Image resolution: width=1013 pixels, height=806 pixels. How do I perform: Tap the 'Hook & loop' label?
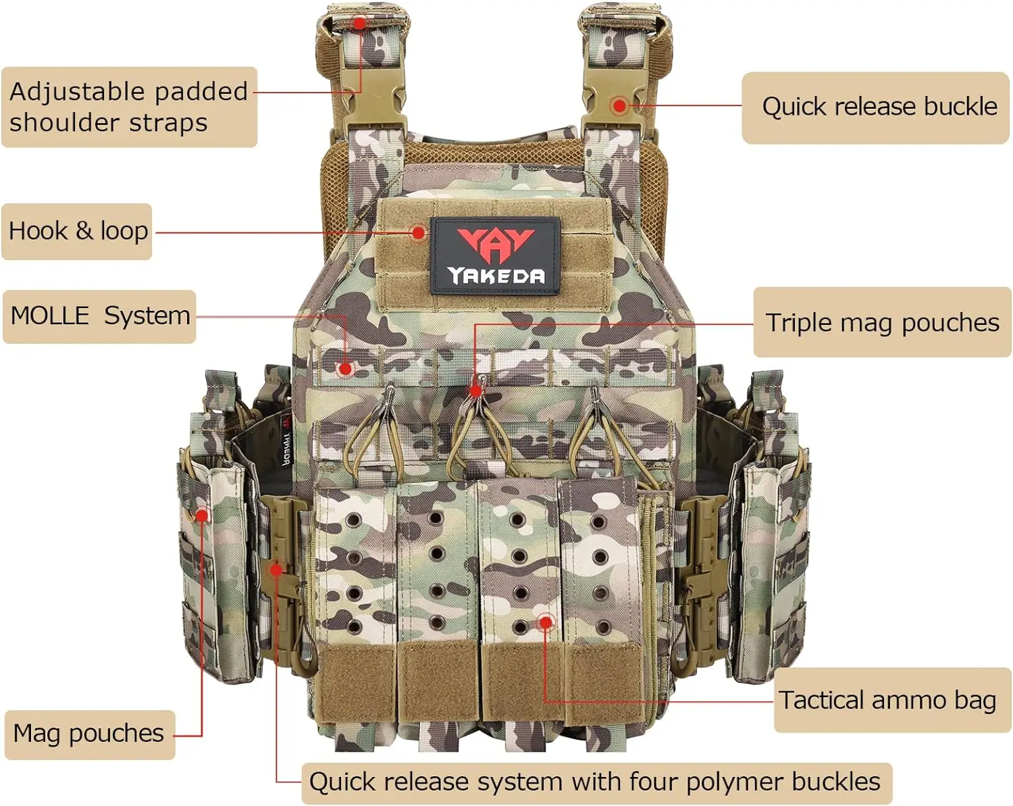click(x=77, y=231)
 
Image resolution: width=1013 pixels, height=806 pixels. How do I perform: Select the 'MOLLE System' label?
click(x=99, y=316)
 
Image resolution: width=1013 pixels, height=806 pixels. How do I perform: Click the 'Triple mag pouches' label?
click(x=881, y=322)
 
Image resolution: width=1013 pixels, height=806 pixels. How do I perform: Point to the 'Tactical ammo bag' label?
click(x=887, y=700)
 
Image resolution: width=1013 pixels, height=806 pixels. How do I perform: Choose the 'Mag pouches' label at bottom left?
click(x=89, y=734)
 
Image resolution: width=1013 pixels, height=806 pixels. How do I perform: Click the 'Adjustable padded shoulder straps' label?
click(x=128, y=107)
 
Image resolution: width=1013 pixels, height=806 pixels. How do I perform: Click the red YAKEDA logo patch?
click(x=495, y=256)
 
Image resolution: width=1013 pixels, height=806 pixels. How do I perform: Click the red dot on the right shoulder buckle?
click(x=619, y=105)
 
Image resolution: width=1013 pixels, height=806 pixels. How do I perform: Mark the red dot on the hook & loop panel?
click(x=419, y=233)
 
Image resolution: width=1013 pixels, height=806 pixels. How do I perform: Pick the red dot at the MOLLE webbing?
click(x=345, y=369)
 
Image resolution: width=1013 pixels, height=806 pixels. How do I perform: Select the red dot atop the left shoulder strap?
click(x=360, y=24)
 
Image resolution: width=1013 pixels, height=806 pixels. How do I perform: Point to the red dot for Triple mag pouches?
click(x=475, y=391)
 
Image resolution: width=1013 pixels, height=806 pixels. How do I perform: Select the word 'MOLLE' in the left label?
click(x=50, y=316)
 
